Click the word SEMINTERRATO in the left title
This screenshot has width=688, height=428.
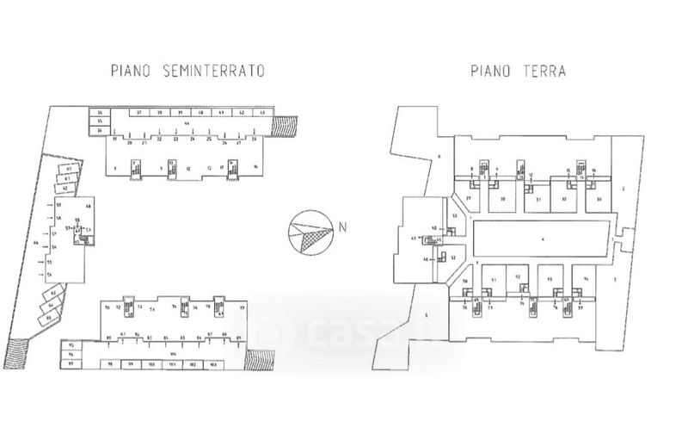(214, 71)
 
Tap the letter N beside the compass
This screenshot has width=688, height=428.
(341, 228)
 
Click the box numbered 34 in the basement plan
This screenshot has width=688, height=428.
(100, 130)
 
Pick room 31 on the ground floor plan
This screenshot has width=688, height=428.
(537, 199)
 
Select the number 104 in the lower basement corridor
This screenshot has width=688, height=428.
(174, 353)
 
